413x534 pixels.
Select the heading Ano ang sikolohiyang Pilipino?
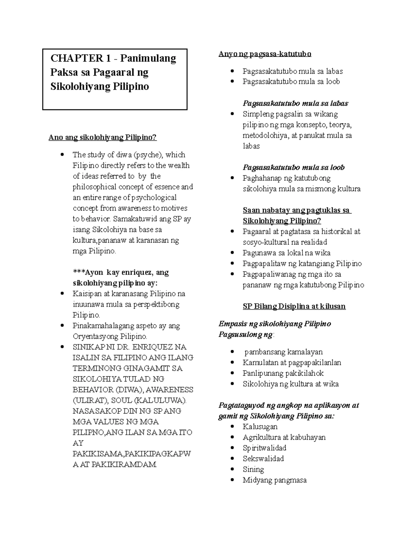point(103,138)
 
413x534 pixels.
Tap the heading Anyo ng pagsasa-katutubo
point(265,54)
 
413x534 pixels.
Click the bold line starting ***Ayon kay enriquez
point(120,273)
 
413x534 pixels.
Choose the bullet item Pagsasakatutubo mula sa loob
point(291,81)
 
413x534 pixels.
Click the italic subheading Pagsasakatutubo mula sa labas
point(295,103)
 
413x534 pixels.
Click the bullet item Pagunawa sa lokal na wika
point(286,253)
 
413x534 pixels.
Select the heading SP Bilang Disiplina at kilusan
point(294,306)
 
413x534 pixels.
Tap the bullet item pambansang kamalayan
point(284,352)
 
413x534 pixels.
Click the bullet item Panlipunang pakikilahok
point(283,373)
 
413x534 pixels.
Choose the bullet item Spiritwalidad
point(264,448)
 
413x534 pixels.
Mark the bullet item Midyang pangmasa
point(274,480)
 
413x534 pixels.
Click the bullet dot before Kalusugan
point(233,427)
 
